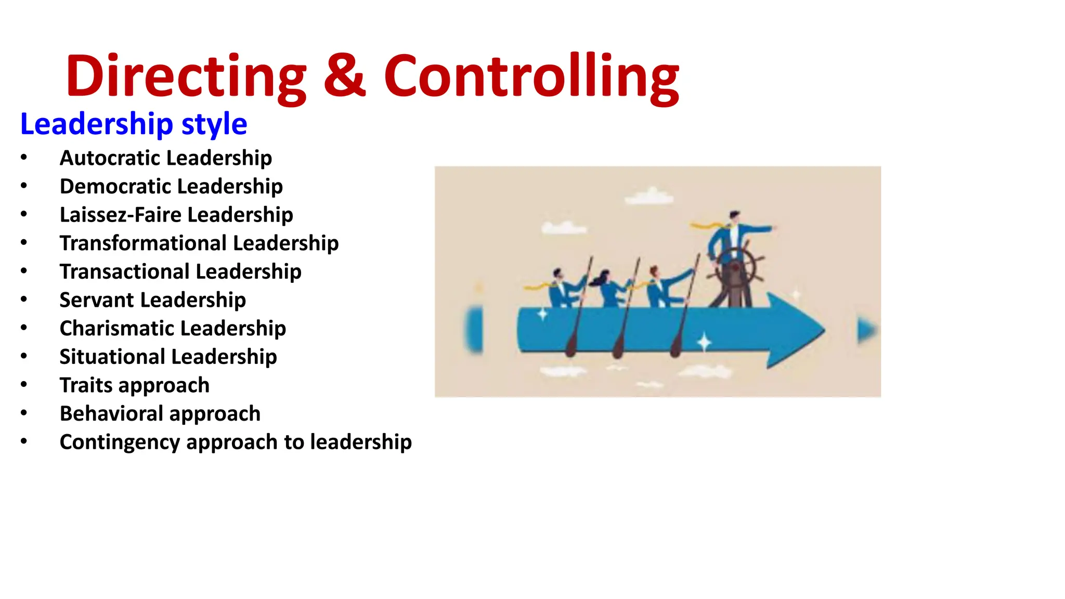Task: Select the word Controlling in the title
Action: (531, 77)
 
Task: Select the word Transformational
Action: (143, 243)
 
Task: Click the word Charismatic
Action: (116, 328)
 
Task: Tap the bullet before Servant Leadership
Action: (24, 299)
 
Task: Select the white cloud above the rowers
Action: (648, 197)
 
